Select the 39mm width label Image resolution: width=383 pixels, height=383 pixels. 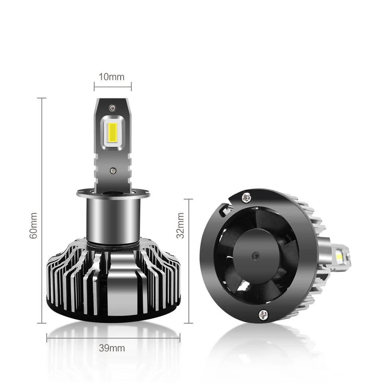click(x=112, y=348)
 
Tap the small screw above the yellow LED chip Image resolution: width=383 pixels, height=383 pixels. click(x=112, y=107)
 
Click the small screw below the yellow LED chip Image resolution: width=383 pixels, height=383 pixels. click(x=112, y=171)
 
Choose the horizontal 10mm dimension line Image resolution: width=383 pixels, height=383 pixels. click(x=112, y=85)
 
